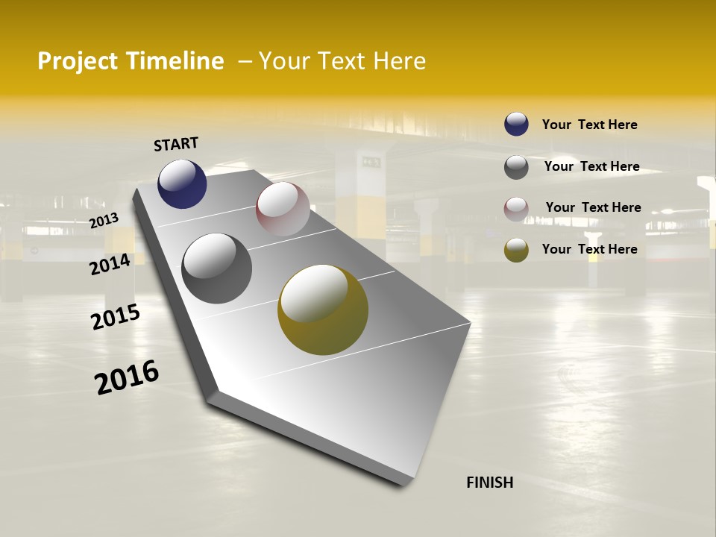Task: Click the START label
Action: pyautogui.click(x=176, y=144)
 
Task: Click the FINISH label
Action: pyautogui.click(x=489, y=483)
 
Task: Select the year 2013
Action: pyautogui.click(x=104, y=220)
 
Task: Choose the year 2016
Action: pyautogui.click(x=127, y=377)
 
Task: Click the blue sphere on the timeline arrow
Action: pyautogui.click(x=182, y=184)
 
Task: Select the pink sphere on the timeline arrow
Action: pyautogui.click(x=283, y=209)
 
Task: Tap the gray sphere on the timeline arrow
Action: pyautogui.click(x=217, y=268)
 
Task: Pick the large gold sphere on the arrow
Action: pyautogui.click(x=323, y=310)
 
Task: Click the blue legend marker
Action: pyautogui.click(x=516, y=124)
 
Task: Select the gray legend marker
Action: pyautogui.click(x=516, y=167)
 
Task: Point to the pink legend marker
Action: pyautogui.click(x=516, y=209)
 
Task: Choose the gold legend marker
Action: pyautogui.click(x=516, y=250)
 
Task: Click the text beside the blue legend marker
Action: pyautogui.click(x=589, y=125)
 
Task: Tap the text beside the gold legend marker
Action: pyautogui.click(x=589, y=249)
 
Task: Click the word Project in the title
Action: pyautogui.click(x=78, y=61)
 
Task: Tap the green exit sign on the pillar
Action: pyautogui.click(x=371, y=161)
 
